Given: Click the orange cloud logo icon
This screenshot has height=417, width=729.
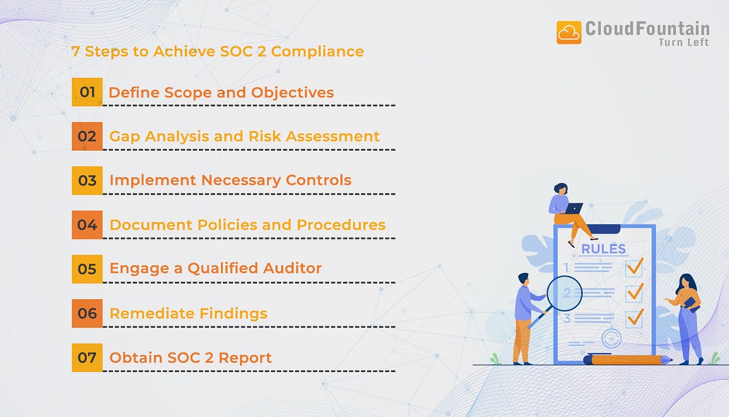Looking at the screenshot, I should (x=569, y=32).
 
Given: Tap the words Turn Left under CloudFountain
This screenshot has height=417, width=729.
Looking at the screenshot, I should (x=683, y=42).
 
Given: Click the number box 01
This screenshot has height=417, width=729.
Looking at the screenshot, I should (x=87, y=92).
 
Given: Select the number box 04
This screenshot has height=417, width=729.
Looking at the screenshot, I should (x=87, y=225).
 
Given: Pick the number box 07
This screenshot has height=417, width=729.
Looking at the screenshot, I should (x=87, y=357).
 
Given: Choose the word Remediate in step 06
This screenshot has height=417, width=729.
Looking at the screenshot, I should (x=145, y=314).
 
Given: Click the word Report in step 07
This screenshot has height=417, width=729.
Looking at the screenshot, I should (x=245, y=357).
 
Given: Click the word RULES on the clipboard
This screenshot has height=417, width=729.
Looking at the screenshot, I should (x=603, y=249).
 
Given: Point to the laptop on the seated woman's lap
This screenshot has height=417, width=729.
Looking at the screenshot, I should (x=573, y=208).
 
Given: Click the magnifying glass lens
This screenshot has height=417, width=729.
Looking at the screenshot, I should (x=564, y=294).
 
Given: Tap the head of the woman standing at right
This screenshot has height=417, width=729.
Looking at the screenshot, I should (x=685, y=282).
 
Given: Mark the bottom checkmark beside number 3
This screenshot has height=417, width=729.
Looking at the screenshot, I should (x=635, y=317).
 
